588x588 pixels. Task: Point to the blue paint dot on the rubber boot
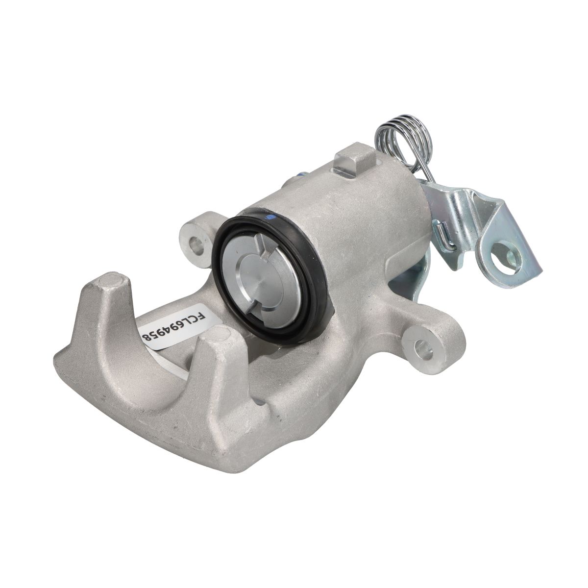[269, 217]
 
